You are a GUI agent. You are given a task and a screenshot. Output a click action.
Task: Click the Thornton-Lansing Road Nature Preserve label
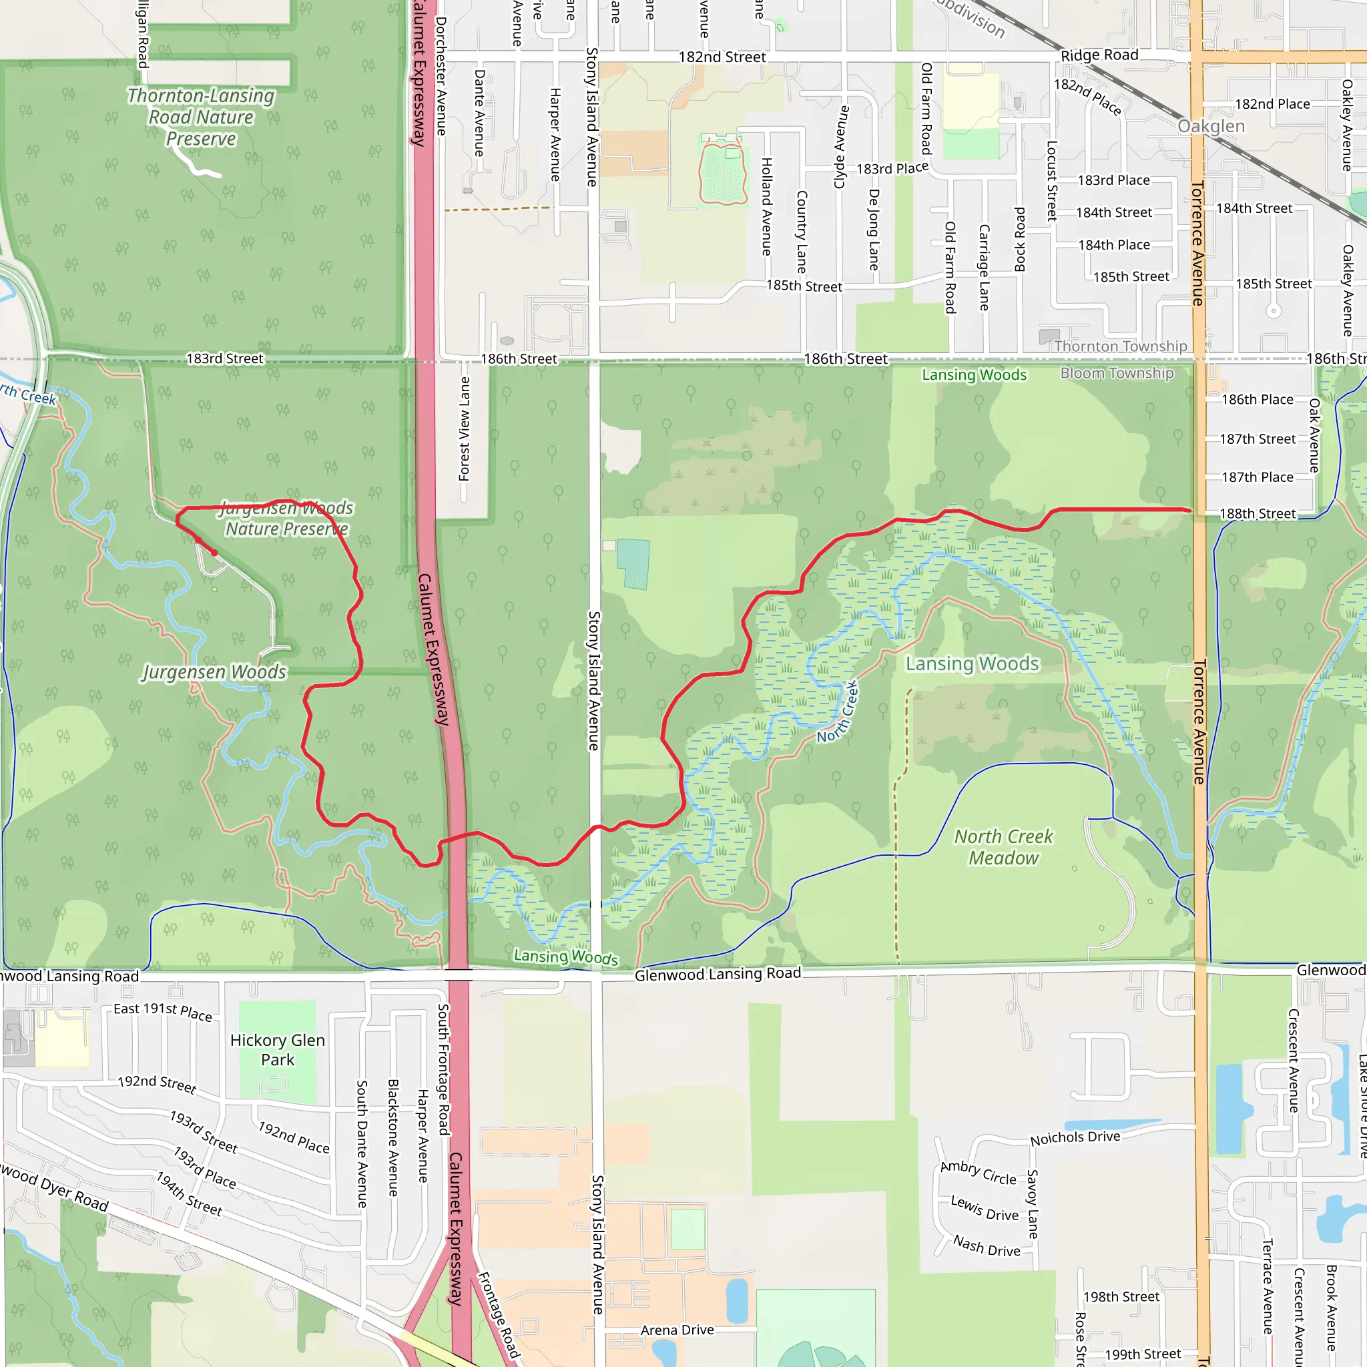pos(201,117)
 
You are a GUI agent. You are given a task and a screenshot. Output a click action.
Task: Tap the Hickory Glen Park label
pos(278,1049)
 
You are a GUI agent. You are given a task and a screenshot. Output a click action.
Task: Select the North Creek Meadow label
pos(1003,847)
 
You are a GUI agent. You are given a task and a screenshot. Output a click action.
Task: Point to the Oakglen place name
pos(1211,127)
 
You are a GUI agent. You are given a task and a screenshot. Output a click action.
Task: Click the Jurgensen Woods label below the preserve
pos(214,671)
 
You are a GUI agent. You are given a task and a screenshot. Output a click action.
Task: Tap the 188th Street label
pos(1258,514)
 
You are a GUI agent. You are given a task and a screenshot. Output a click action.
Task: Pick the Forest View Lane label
pos(464,429)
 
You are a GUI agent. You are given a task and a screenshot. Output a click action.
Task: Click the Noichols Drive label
pos(1075,1139)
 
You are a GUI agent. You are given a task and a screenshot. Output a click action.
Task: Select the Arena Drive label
pos(676,1330)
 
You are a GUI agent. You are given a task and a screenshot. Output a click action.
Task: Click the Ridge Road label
pos(1099,55)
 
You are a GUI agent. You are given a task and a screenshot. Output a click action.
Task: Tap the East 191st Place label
pos(163,1011)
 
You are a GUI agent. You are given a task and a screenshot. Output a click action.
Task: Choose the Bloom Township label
pos(1117,373)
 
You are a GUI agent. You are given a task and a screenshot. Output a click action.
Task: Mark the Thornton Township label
pos(1120,346)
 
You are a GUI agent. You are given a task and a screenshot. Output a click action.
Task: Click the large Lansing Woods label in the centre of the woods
pos(972,663)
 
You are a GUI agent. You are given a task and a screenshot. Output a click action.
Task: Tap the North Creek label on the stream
pos(838,712)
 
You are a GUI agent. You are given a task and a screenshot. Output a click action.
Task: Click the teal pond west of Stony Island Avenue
pos(633,563)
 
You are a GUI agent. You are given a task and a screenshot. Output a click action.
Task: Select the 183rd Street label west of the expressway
pos(224,358)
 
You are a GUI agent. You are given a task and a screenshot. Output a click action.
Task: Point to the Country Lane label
pos(802,232)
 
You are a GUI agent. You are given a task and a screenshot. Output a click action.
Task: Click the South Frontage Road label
pos(443,1069)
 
